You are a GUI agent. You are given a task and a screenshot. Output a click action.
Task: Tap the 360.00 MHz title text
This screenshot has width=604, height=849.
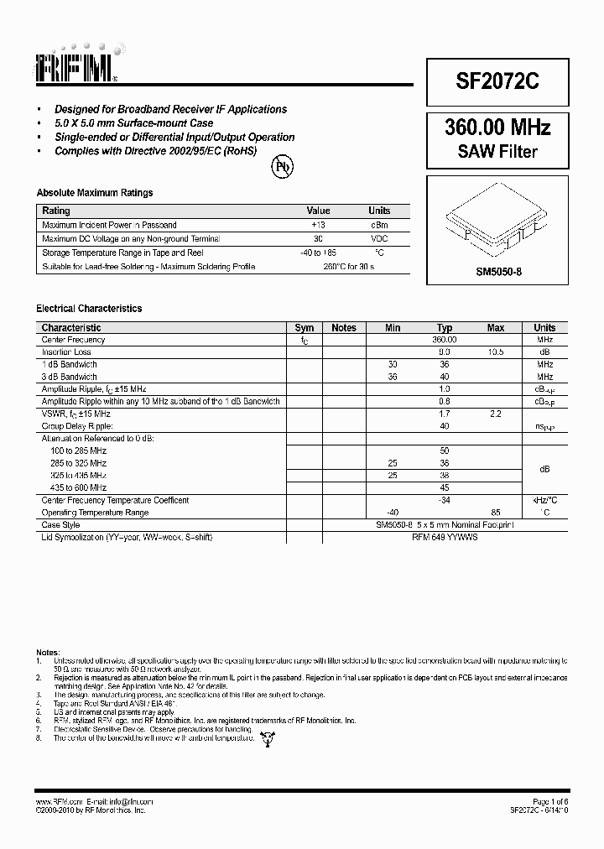click(x=497, y=128)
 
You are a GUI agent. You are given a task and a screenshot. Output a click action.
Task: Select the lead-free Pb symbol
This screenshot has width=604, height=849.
click(x=283, y=166)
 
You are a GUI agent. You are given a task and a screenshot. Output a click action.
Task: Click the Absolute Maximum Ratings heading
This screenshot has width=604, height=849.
click(x=94, y=193)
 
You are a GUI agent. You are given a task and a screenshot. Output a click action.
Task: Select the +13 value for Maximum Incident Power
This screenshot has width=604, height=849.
click(x=318, y=225)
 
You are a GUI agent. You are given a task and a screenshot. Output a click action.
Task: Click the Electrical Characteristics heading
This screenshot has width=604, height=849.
click(x=89, y=309)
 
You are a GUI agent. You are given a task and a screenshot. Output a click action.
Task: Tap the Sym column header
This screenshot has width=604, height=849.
click(x=305, y=328)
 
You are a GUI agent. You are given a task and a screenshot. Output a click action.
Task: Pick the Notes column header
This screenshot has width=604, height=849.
click(x=344, y=328)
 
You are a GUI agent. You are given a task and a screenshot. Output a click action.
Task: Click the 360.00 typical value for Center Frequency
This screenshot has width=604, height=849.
click(x=445, y=340)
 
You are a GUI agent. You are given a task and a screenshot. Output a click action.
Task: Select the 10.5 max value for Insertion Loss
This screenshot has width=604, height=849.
click(x=496, y=352)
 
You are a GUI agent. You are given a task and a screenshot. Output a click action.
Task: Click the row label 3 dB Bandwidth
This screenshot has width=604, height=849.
click(x=70, y=377)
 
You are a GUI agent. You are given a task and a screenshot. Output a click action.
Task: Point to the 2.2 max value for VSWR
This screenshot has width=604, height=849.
click(x=496, y=414)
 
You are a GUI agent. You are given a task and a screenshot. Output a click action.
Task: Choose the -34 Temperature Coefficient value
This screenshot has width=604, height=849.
click(x=445, y=500)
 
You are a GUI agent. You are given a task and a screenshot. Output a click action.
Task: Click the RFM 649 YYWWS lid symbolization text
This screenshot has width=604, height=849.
click(x=445, y=537)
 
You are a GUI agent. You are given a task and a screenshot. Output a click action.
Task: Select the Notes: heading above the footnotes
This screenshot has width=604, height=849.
click(x=48, y=652)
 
